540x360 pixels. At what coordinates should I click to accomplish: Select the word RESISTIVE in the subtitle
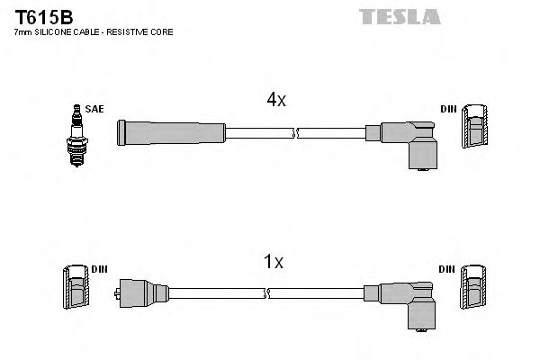click(x=132, y=32)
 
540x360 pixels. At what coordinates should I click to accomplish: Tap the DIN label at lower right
click(x=446, y=270)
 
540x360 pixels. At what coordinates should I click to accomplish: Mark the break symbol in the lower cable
click(x=269, y=293)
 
